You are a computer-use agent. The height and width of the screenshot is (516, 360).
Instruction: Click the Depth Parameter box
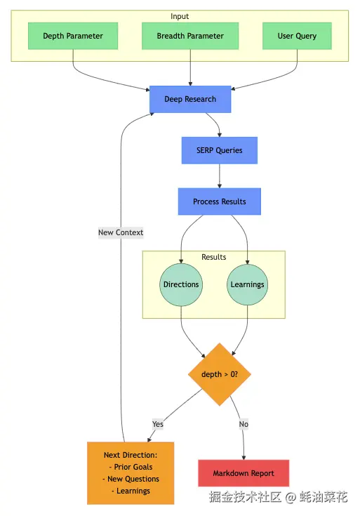click(73, 36)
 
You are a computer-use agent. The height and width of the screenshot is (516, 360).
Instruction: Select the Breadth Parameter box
click(190, 36)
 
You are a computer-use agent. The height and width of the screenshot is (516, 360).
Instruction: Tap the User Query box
click(297, 36)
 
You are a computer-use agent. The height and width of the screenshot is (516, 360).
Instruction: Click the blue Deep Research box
click(190, 99)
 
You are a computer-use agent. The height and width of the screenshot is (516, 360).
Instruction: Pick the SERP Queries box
click(220, 150)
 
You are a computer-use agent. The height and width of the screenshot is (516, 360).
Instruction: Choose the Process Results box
click(220, 201)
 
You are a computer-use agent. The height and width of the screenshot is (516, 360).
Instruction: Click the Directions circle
click(181, 284)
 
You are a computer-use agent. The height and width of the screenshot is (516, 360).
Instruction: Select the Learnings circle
click(248, 284)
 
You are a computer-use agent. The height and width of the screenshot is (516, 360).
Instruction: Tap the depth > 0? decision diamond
click(220, 374)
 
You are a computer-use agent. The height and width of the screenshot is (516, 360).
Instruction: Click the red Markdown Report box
click(244, 473)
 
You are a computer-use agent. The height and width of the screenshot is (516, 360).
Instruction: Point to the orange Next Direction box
click(131, 473)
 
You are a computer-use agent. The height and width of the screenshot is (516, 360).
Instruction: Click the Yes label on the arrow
click(158, 424)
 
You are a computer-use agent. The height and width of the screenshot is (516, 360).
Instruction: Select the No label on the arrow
click(244, 424)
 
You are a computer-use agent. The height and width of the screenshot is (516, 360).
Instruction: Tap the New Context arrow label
click(121, 232)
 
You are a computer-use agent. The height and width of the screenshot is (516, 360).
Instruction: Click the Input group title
click(180, 16)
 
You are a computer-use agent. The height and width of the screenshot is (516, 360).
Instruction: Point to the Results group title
click(214, 257)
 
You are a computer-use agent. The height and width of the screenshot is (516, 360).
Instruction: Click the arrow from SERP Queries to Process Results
click(220, 176)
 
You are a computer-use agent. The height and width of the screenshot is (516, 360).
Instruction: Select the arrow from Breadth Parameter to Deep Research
click(190, 68)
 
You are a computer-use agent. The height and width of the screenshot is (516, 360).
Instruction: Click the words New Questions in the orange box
click(133, 479)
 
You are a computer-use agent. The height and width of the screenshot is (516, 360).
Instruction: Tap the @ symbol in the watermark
click(291, 497)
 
